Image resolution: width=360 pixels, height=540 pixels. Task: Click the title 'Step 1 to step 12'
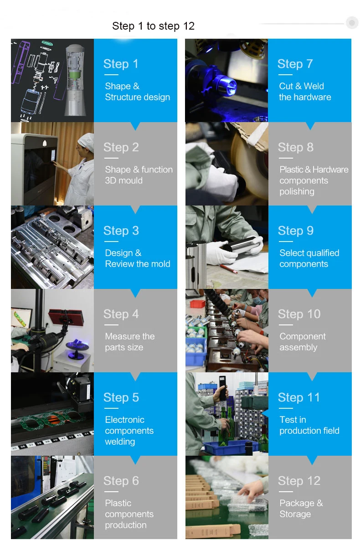pos(153,26)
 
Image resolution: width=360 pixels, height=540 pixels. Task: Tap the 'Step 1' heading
pos(120,64)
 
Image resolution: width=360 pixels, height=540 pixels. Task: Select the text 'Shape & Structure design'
pos(137,92)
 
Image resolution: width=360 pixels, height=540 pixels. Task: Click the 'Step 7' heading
pos(295,64)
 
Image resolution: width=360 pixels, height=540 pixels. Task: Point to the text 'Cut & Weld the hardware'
pos(305,92)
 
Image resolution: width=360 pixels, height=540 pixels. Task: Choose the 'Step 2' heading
pos(121,147)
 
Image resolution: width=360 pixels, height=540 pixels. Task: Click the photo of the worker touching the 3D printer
pos(52,164)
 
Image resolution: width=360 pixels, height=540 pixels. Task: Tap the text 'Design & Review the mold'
pos(137,258)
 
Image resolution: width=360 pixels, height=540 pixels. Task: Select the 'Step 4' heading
pos(121,314)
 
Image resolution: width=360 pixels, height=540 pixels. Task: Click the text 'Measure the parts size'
pos(129,342)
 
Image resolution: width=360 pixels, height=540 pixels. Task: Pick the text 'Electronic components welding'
pos(129,431)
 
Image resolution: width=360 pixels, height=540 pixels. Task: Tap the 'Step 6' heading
pos(121,481)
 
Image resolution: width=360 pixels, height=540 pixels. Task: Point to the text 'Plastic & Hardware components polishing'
pos(314,180)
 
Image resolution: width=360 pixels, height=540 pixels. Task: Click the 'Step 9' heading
pos(295,231)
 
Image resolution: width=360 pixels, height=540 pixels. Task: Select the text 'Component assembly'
pos(302,342)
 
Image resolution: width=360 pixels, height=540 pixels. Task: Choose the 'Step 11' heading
pos(298,397)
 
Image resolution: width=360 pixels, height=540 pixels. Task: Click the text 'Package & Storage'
pos(301,509)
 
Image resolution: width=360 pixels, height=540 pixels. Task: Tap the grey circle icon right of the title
pos(352,23)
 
